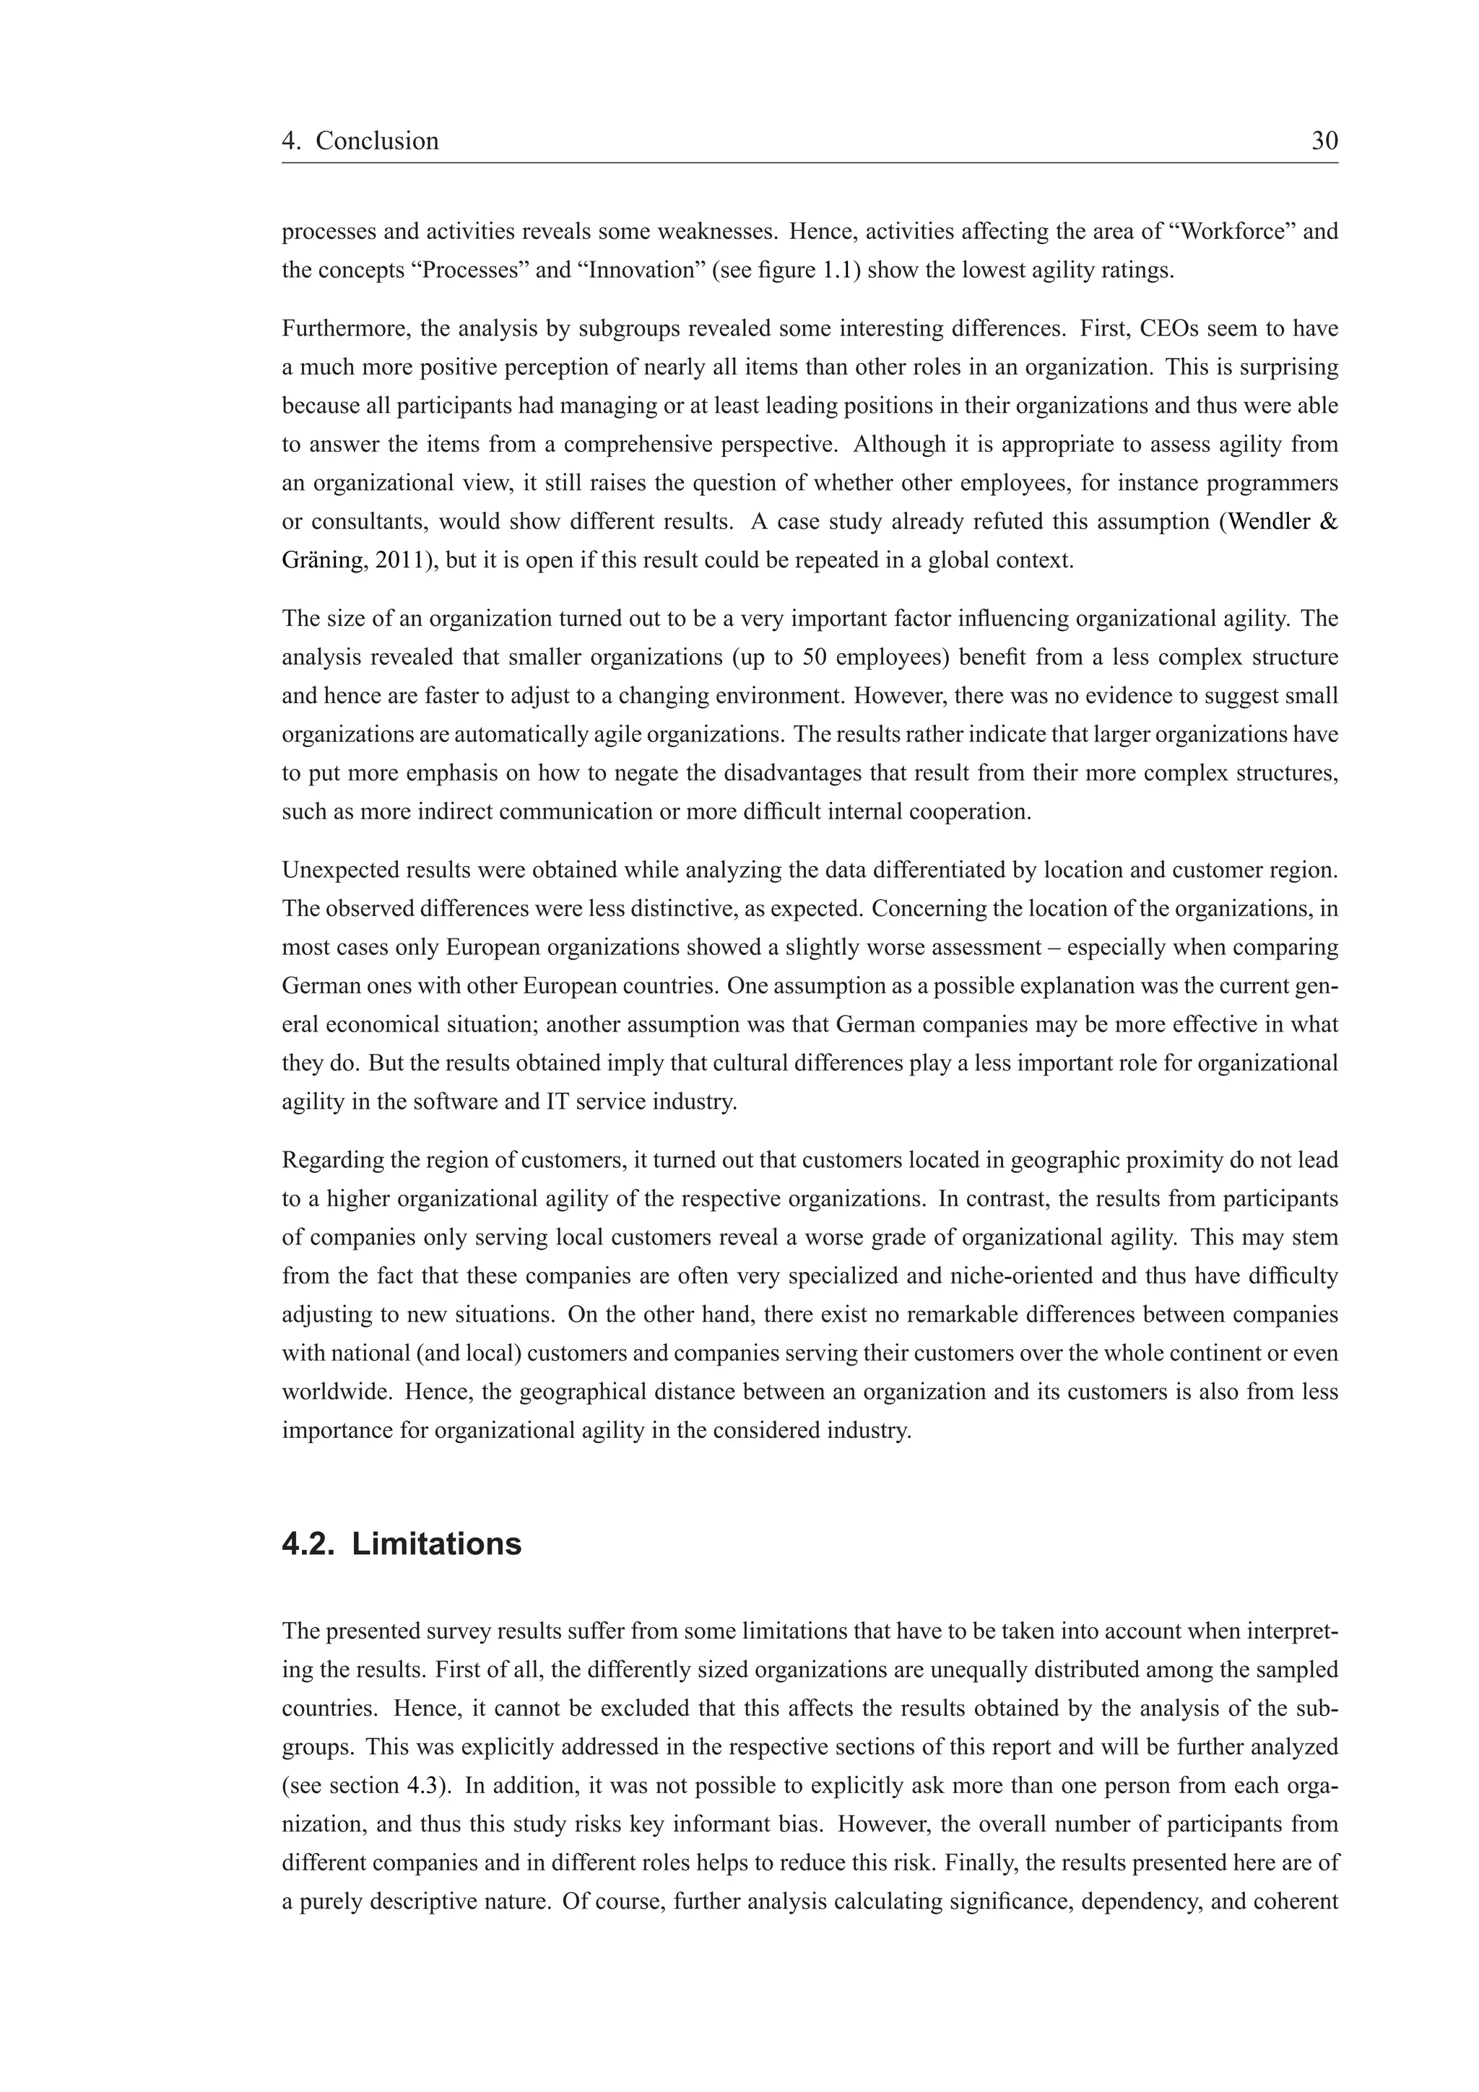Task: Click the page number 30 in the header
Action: pyautogui.click(x=1324, y=141)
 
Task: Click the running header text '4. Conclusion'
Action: pyautogui.click(x=360, y=141)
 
